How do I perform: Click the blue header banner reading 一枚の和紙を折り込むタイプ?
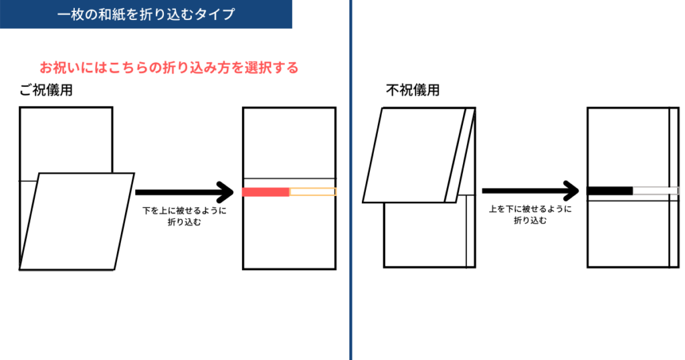click(146, 14)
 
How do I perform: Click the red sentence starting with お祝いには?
click(169, 68)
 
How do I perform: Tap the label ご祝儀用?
click(45, 92)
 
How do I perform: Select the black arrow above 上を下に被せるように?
click(529, 192)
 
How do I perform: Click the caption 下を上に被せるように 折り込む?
click(185, 216)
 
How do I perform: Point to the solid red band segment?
click(266, 192)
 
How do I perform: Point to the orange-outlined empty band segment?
click(312, 192)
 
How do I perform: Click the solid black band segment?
click(610, 191)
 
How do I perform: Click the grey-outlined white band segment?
click(656, 191)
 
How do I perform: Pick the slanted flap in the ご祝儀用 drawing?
click(77, 221)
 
